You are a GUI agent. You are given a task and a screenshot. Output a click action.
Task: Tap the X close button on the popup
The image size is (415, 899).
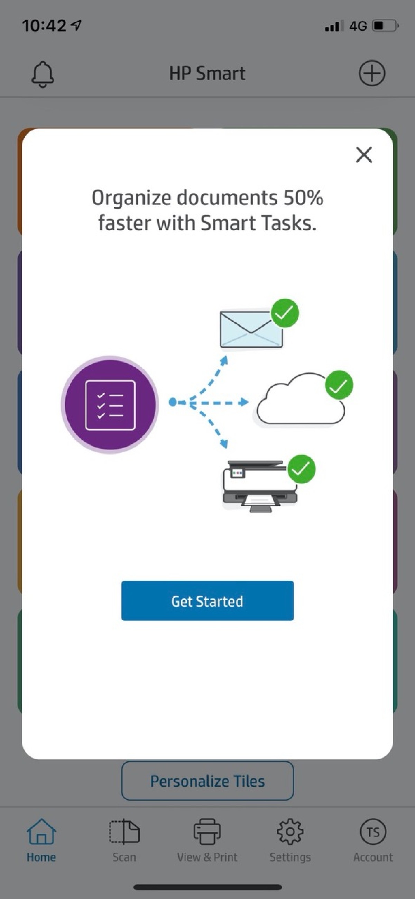[364, 155]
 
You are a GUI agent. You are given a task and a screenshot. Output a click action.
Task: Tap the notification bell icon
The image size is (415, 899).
[43, 74]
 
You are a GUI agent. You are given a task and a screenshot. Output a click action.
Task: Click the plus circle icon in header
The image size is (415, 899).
[372, 73]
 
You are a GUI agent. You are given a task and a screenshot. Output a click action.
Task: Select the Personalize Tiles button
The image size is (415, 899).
[207, 781]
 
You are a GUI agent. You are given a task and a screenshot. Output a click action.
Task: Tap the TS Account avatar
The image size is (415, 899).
[373, 832]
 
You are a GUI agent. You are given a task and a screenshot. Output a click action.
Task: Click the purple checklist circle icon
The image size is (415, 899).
[110, 405]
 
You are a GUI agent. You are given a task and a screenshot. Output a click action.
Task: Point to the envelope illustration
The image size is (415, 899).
[251, 329]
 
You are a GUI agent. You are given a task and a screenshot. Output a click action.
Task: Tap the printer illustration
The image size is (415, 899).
[260, 486]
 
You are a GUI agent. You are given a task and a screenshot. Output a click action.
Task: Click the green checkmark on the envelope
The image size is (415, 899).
[285, 313]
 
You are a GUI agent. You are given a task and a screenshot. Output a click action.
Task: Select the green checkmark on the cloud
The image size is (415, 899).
[339, 385]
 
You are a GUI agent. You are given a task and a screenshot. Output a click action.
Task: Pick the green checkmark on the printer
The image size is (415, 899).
[301, 469]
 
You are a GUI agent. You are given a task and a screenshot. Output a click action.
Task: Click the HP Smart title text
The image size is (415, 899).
[207, 73]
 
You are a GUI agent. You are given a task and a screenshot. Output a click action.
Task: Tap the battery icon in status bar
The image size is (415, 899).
[386, 26]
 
